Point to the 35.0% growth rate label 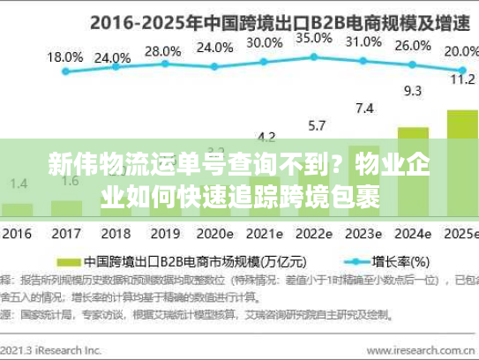point(313,38)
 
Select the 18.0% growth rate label point(64,56)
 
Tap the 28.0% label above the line point(161,51)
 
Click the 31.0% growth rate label point(363,41)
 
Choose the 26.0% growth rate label point(413,46)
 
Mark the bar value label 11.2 point(462,79)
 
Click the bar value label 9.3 point(412,90)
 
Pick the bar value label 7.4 point(363,108)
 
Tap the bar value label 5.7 point(315,124)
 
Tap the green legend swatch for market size point(67,262)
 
